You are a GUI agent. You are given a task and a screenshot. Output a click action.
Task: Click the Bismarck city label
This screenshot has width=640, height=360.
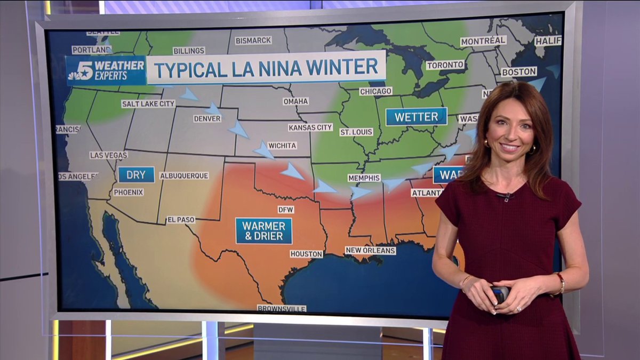pyautogui.click(x=253, y=41)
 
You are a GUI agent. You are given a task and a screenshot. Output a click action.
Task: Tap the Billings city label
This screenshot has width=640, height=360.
pyautogui.click(x=189, y=51)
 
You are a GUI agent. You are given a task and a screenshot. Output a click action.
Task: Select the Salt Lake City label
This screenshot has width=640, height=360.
pyautogui.click(x=148, y=103)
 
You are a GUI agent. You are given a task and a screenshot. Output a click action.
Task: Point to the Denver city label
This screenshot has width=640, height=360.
pyautogui.click(x=207, y=118)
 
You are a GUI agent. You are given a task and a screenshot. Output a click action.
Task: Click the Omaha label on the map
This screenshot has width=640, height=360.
pyautogui.click(x=295, y=101)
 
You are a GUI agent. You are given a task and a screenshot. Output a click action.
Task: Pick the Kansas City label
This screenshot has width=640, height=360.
pyautogui.click(x=310, y=127)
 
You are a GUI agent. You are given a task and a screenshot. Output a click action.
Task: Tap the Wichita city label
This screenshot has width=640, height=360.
pyautogui.click(x=282, y=146)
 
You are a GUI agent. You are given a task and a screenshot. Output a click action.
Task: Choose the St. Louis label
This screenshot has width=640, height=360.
pyautogui.click(x=356, y=132)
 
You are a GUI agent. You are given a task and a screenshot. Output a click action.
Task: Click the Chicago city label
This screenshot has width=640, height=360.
pyautogui.click(x=375, y=91)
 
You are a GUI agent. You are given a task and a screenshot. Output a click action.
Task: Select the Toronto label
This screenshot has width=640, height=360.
pyautogui.click(x=445, y=65)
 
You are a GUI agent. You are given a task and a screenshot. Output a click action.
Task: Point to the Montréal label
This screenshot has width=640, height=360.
pyautogui.click(x=483, y=41)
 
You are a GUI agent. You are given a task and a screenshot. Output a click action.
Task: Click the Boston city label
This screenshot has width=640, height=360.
pyautogui.click(x=518, y=71)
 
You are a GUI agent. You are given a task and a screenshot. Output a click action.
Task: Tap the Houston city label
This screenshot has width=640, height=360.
pyautogui.click(x=307, y=254)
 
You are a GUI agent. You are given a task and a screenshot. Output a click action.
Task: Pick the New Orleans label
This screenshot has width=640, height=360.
pyautogui.click(x=370, y=250)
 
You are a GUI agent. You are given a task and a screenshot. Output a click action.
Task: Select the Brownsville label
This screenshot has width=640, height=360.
pyautogui.click(x=282, y=308)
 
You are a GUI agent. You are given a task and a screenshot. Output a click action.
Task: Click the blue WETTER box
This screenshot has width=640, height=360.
pyautogui.click(x=416, y=117)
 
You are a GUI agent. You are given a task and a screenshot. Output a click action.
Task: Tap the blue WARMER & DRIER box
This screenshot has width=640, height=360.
pyautogui.click(x=263, y=230)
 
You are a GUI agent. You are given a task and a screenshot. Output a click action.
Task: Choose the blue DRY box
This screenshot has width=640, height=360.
pyautogui.click(x=136, y=174)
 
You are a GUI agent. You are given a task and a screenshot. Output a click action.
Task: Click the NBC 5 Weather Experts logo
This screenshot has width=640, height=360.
pyautogui.click(x=106, y=70)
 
